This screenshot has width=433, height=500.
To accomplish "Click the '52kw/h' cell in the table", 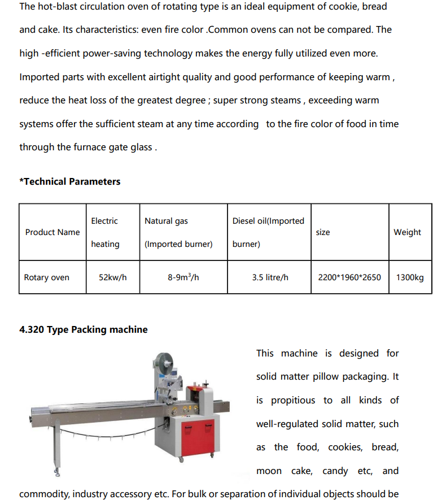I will pyautogui.click(x=112, y=277).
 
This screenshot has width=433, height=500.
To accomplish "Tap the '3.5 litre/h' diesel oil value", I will pyautogui.click(x=269, y=277).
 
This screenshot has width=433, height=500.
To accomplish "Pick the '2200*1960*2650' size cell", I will pyautogui.click(x=349, y=277).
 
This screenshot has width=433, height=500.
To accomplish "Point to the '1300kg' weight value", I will pyautogui.click(x=410, y=277).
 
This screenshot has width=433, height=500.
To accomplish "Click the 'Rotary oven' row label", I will pyautogui.click(x=47, y=277).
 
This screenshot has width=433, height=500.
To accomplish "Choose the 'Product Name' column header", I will pyautogui.click(x=53, y=232).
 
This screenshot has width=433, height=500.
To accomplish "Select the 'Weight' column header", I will pyautogui.click(x=407, y=232).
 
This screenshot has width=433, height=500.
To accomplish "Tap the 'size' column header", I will pyautogui.click(x=323, y=232).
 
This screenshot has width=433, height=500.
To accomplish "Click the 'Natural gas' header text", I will pyautogui.click(x=166, y=221).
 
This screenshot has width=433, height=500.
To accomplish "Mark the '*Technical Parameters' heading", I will pyautogui.click(x=70, y=181).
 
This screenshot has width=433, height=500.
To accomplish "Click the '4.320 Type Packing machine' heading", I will pyautogui.click(x=84, y=329).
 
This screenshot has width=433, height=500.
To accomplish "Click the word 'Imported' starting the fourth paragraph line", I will pyautogui.click(x=38, y=77).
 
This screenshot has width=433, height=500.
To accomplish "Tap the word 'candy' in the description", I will pyautogui.click(x=335, y=471).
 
